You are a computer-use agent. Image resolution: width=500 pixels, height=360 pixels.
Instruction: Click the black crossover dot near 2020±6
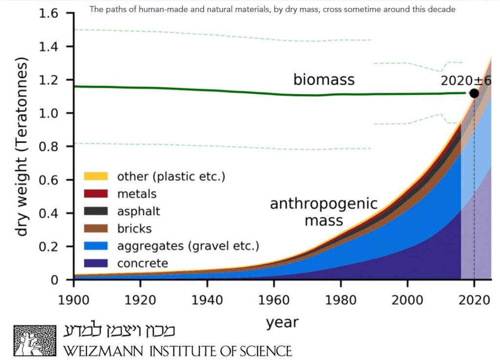[474, 93]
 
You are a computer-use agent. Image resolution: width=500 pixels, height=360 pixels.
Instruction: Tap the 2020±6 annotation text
[466, 81]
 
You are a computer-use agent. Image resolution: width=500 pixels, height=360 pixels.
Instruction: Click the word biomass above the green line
[324, 80]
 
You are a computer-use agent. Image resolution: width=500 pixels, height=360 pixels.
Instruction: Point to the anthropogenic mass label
[324, 212]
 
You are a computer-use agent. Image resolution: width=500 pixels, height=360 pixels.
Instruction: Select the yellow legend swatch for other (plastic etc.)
[96, 176]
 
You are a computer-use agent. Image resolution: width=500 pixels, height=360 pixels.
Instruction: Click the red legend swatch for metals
[96, 194]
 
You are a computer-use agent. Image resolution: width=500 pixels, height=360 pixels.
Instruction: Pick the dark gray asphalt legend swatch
[96, 211]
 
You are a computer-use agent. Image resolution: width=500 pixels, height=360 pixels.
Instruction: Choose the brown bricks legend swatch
[96, 228]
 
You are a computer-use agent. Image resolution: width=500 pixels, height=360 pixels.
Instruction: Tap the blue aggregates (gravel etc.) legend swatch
[96, 246]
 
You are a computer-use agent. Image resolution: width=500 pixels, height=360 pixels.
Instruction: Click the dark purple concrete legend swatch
[96, 263]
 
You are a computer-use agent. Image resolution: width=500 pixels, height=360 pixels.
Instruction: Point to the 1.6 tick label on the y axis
[48, 13]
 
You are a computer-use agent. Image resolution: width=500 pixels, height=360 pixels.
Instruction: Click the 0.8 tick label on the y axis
[48, 146]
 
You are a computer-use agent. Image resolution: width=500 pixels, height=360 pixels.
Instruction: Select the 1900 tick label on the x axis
[74, 300]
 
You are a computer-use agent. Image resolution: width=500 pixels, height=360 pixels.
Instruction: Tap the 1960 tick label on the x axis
[273, 300]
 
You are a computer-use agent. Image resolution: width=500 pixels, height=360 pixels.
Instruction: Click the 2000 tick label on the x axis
[407, 300]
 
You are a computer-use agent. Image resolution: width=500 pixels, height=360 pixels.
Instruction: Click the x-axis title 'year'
[282, 323]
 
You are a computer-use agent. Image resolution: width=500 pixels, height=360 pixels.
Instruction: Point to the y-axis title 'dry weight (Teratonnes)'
[21, 146]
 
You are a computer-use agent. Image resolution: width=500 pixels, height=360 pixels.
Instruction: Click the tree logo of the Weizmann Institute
[35, 340]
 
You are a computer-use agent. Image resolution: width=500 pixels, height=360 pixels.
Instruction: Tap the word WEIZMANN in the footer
[104, 351]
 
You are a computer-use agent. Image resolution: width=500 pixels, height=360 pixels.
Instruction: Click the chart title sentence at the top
[272, 9]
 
